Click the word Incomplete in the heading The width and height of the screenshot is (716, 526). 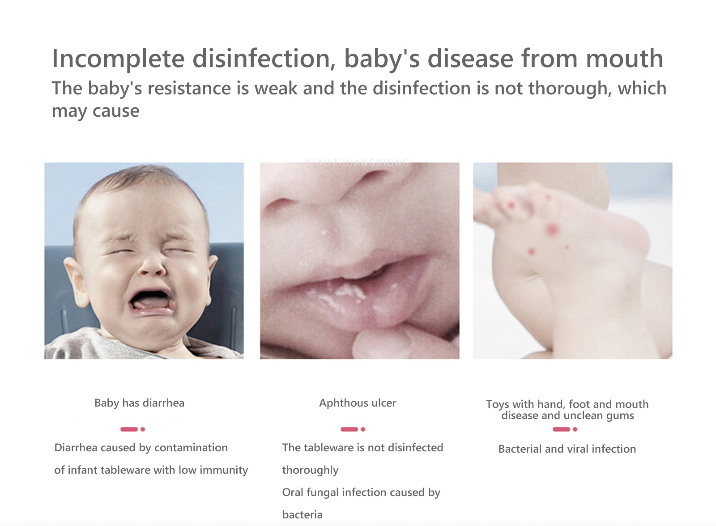click(118, 59)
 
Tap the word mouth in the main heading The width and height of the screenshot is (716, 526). click(625, 59)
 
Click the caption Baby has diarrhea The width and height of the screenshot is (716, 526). click(139, 403)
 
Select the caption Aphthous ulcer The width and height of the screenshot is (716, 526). click(358, 403)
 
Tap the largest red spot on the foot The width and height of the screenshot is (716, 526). click(552, 230)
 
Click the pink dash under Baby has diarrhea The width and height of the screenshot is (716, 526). click(129, 429)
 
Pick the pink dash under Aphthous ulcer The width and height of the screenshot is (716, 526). click(349, 429)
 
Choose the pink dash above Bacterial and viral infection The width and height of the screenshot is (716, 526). click(561, 429)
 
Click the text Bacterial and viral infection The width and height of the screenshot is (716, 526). click(567, 449)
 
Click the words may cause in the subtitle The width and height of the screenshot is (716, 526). click(96, 111)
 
